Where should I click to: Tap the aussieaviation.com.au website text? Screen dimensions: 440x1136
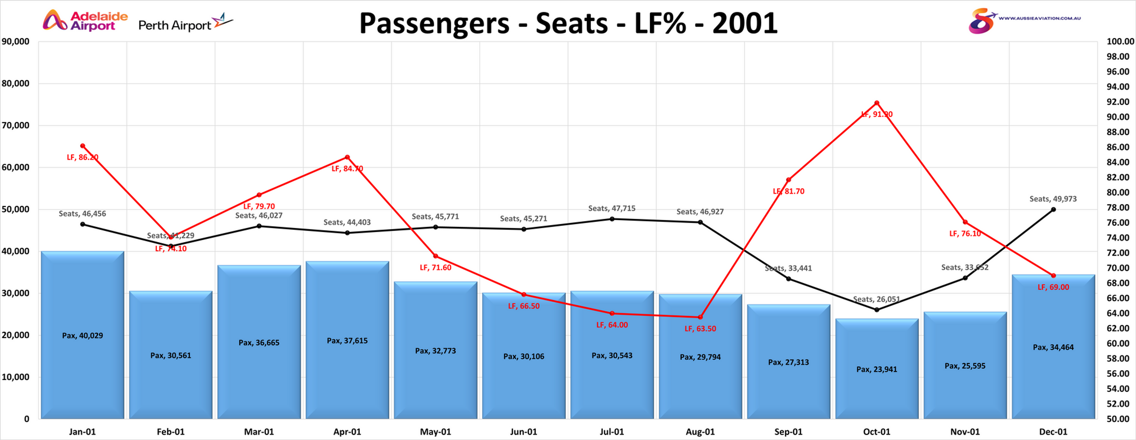tap(1039, 19)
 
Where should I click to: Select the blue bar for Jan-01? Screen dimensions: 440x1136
tap(82, 335)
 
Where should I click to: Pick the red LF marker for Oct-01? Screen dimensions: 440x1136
tap(877, 103)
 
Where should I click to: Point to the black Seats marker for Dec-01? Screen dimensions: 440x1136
tap(1053, 210)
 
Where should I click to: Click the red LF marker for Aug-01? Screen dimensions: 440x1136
tap(700, 317)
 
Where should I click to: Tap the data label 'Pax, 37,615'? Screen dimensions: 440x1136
tap(347, 340)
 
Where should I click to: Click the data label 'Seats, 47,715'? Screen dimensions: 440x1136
tap(612, 208)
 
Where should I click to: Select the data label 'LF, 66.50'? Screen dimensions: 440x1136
tap(524, 306)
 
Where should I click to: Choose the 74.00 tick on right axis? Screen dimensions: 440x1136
tap(1120, 238)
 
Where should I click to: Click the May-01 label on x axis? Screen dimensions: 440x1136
tap(435, 432)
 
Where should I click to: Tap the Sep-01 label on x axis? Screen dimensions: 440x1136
tap(788, 432)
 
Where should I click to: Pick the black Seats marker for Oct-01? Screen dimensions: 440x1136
tap(877, 310)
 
